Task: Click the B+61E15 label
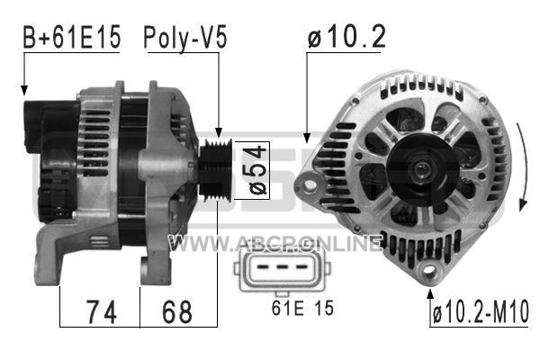click(72, 37)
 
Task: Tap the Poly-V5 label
click(185, 38)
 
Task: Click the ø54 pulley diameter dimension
click(257, 170)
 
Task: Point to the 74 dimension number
click(102, 311)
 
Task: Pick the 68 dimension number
click(177, 311)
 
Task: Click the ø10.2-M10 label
click(481, 311)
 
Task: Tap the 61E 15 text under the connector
click(302, 308)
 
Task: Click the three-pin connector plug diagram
click(282, 270)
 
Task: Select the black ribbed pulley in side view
click(216, 170)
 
